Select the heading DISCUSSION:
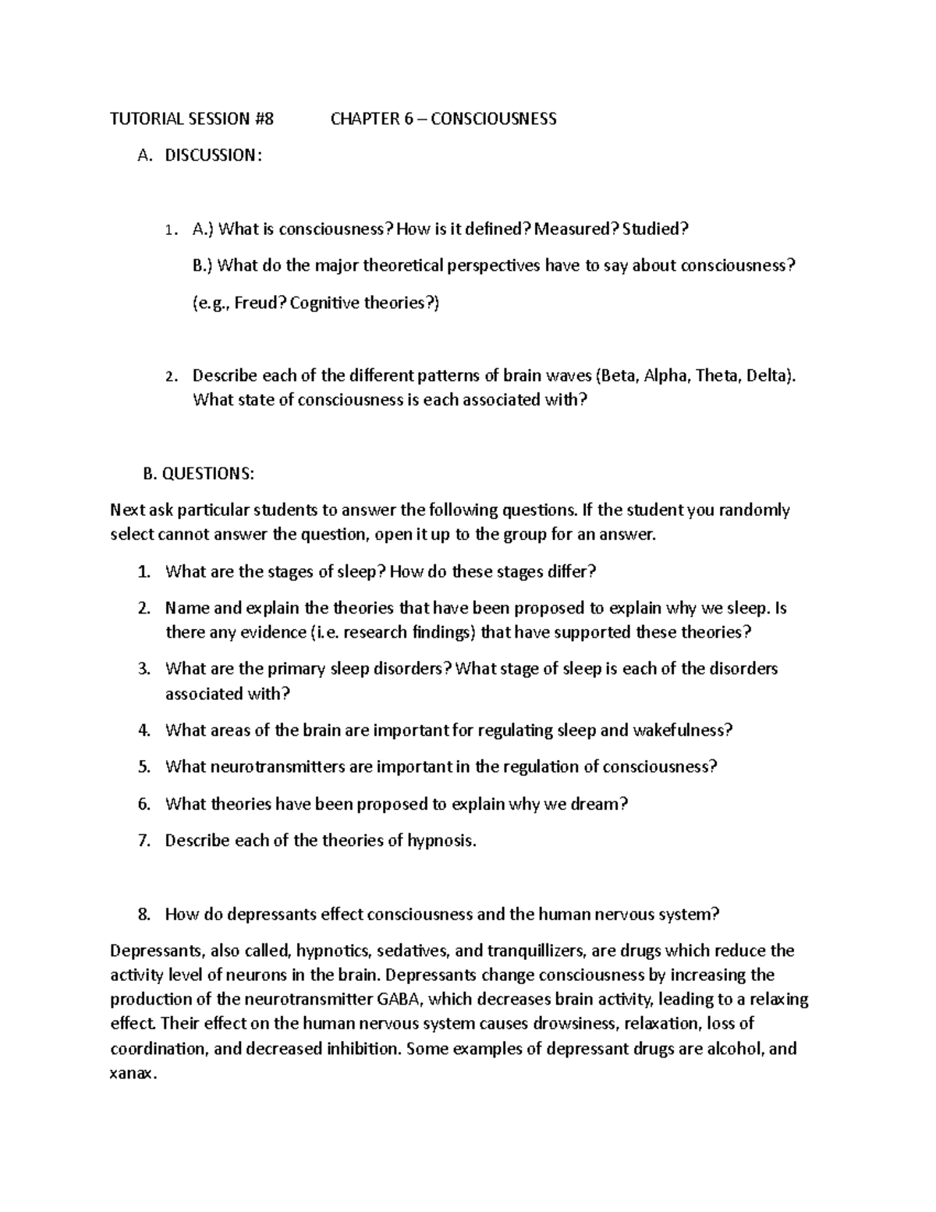tap(209, 155)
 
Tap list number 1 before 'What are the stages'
tap(143, 572)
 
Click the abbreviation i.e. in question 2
tap(325, 632)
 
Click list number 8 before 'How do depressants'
tap(143, 914)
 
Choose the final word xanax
tap(133, 1072)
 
